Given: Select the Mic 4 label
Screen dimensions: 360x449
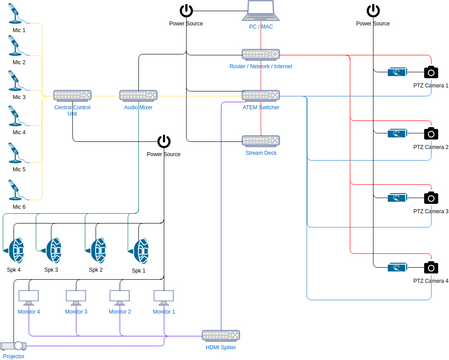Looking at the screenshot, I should pos(19,132).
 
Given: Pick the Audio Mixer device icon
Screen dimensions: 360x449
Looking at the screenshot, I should pos(138,94).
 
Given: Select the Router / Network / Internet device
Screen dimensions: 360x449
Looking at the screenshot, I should pos(260,54).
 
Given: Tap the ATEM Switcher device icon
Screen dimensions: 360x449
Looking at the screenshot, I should pos(260,94).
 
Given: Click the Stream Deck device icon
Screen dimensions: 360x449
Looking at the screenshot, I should pos(260,141).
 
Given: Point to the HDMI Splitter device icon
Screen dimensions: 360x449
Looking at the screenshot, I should pos(220,334).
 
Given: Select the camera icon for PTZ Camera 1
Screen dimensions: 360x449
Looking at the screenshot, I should pos(431,72).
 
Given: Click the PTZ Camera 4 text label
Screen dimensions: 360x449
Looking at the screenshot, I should pos(431,282).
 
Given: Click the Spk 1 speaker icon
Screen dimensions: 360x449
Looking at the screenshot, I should pos(139,248).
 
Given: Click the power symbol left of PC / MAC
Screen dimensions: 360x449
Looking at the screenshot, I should pos(186,11).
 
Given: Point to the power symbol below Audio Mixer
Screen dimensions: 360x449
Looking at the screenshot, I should pos(164,142).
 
